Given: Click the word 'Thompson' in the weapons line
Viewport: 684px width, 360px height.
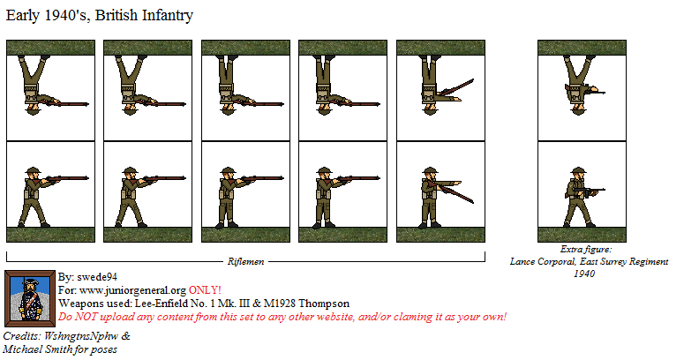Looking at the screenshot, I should (x=321, y=304).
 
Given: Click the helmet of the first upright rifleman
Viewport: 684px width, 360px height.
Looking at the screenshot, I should (x=34, y=172).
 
